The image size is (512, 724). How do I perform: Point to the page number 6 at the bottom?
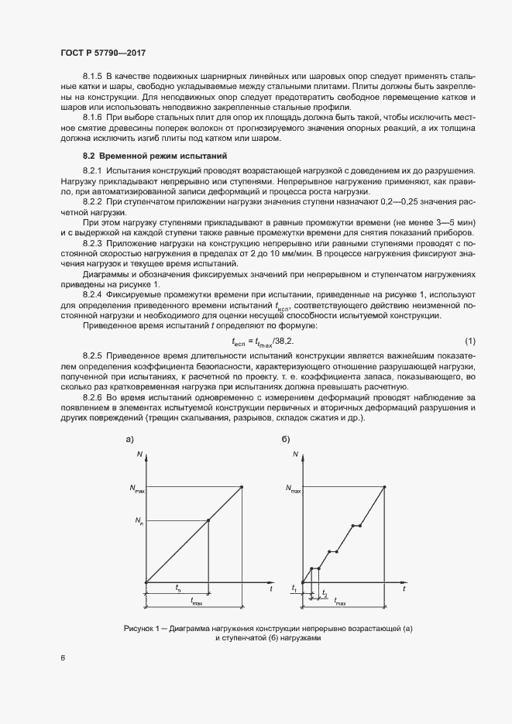pyautogui.click(x=63, y=658)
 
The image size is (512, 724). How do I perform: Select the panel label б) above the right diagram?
pyautogui.click(x=286, y=439)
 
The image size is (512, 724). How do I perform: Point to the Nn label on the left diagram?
pyautogui.click(x=139, y=521)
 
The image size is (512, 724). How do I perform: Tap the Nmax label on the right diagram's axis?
pyautogui.click(x=293, y=489)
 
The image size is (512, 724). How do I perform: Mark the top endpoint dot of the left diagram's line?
pyautogui.click(x=242, y=487)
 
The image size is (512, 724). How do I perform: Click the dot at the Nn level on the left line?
pyautogui.click(x=209, y=520)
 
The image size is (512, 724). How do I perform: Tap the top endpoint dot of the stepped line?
pyautogui.click(x=386, y=487)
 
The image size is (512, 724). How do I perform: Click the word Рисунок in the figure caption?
pyautogui.click(x=140, y=628)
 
